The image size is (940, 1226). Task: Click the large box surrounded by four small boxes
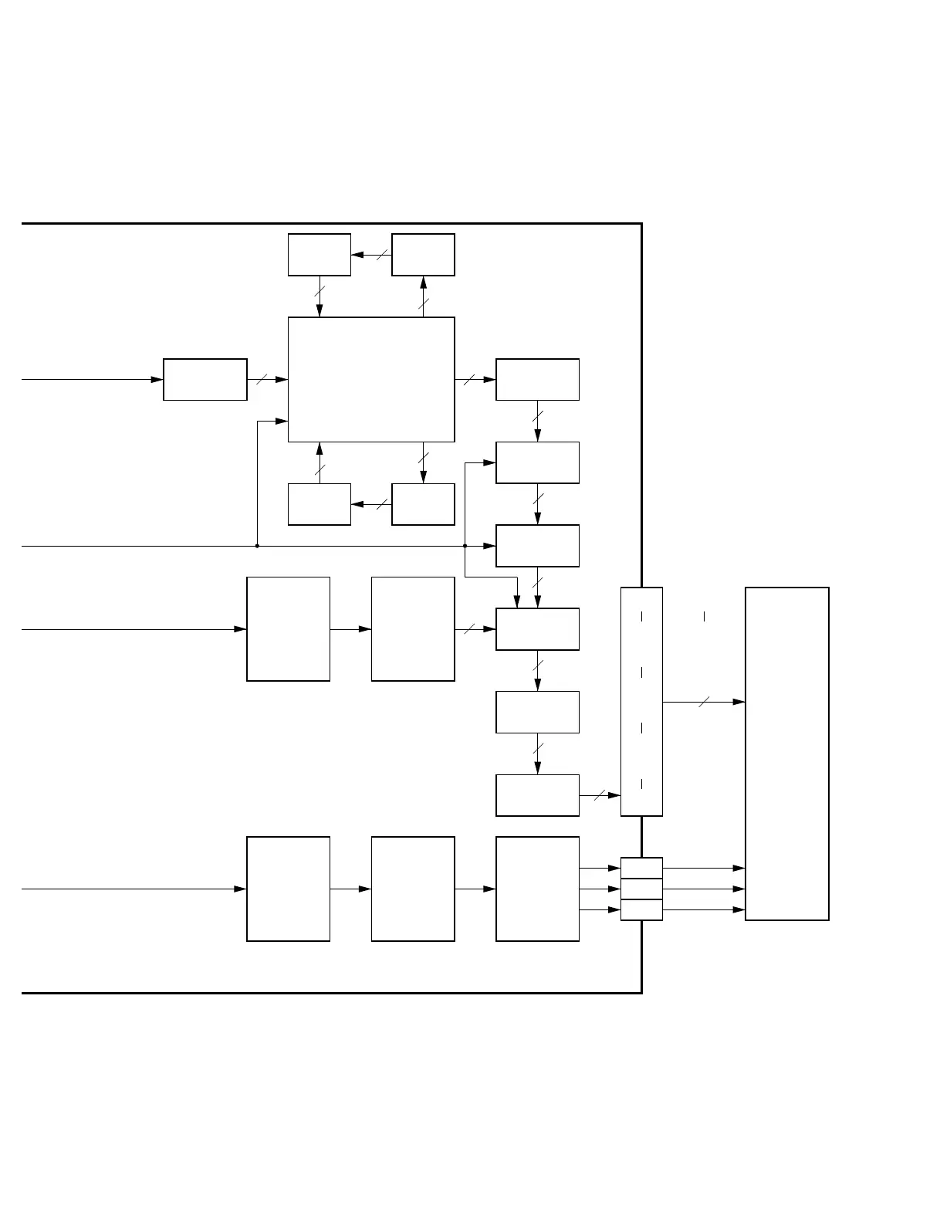(x=370, y=379)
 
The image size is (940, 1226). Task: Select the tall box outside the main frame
(x=786, y=754)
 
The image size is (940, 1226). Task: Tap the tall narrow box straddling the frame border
(x=641, y=701)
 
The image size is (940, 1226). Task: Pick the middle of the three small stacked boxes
(x=641, y=889)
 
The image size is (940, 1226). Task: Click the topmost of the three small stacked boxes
(x=641, y=868)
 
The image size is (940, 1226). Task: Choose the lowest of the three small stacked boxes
(x=641, y=909)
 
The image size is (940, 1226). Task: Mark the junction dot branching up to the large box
(x=257, y=546)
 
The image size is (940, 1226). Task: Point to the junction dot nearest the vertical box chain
(x=465, y=546)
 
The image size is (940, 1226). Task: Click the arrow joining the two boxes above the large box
(x=371, y=255)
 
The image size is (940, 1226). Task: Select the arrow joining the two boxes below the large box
(x=371, y=504)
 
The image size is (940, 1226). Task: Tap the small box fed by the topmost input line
(x=205, y=379)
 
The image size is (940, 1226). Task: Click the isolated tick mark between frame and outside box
(x=704, y=616)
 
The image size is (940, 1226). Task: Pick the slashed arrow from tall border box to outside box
(x=703, y=702)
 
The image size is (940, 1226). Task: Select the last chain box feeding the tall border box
(x=537, y=795)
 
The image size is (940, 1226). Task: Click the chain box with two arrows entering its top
(x=537, y=629)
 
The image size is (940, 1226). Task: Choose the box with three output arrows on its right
(x=537, y=889)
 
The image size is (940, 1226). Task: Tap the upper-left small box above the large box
(x=320, y=255)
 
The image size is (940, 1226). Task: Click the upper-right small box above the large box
(x=423, y=255)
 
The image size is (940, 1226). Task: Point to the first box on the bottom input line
(x=288, y=889)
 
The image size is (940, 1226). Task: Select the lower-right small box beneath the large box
(x=423, y=504)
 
